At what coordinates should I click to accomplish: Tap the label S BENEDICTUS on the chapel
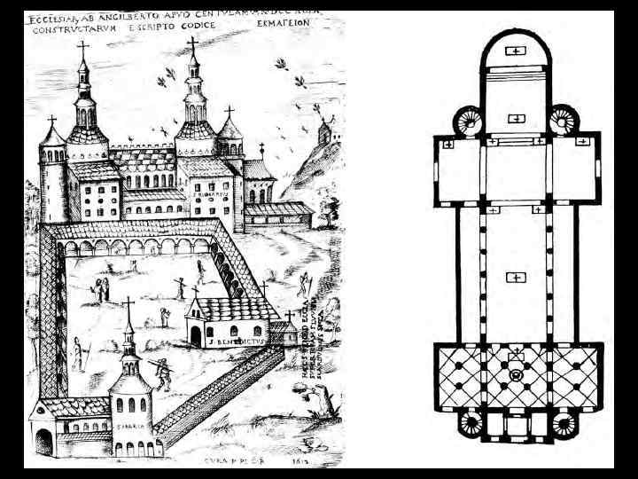point(233,338)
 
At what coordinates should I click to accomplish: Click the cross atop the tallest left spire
point(83,49)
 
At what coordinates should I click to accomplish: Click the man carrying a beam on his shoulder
point(162,371)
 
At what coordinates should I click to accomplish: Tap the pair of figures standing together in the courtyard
point(103,287)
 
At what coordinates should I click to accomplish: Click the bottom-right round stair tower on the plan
point(562,425)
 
